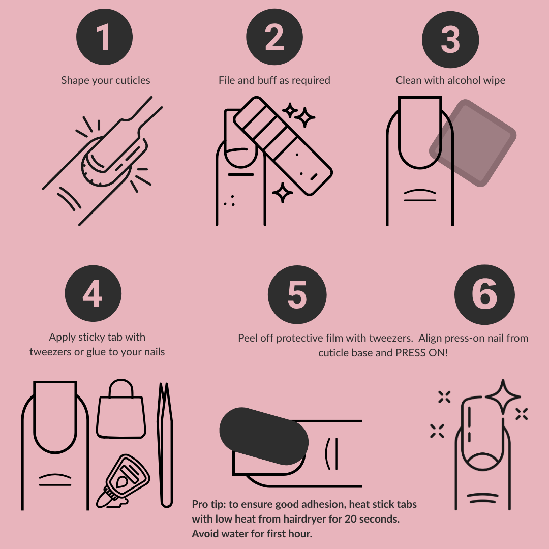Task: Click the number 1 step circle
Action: coord(104,37)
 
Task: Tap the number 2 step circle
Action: coord(274,37)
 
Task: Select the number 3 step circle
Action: coord(450,40)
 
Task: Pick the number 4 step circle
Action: coord(93,293)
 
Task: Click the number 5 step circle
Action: coord(297,294)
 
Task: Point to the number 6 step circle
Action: coord(484,294)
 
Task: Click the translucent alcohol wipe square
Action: coord(473,143)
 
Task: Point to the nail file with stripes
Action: coord(283,146)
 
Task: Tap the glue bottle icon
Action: coord(123,481)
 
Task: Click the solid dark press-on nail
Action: coord(264,436)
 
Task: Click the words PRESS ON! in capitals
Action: coord(421,353)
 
